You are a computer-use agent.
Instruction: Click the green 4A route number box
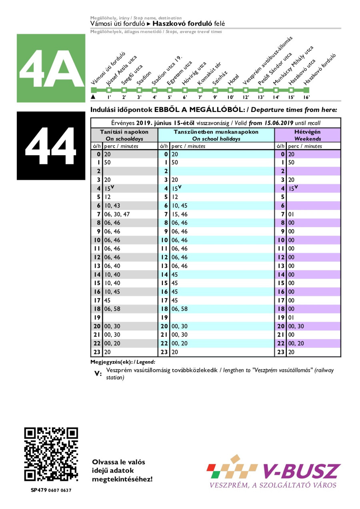pos(51,68)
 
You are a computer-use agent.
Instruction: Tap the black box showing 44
pos(51,146)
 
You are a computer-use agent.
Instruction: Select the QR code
pos(51,454)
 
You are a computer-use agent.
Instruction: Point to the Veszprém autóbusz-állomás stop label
pos(268,60)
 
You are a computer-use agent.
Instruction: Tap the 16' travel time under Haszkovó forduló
pos(306,97)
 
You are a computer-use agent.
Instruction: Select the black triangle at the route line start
pos(93,97)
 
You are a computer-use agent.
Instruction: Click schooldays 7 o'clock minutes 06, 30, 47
pos(117,214)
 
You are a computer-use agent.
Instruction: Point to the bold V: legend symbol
pos(98,374)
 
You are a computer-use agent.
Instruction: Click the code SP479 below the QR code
pos(39,490)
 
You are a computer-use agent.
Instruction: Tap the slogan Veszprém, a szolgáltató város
pos(273,485)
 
